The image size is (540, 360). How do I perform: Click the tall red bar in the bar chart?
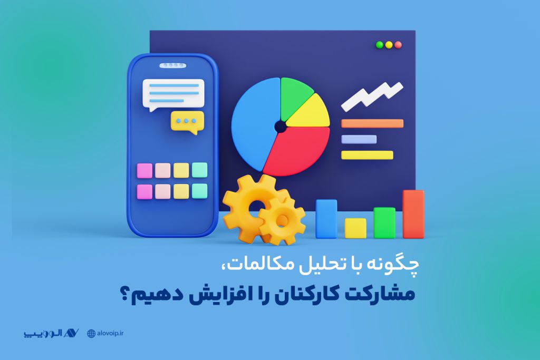click(413, 214)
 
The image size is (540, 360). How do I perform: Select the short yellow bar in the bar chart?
click(355, 228)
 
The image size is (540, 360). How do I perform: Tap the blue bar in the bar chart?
click(326, 219)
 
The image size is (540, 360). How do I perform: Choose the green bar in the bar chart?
click(384, 222)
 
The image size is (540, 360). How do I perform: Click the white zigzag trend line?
click(371, 97)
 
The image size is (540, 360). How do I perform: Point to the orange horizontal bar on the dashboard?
click(372, 123)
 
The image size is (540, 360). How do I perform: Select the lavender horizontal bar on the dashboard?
click(359, 139)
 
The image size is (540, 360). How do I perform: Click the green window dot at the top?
click(380, 45)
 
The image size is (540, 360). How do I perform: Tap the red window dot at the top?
click(398, 45)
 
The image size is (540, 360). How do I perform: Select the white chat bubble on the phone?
click(173, 94)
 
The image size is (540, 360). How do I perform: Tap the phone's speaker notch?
click(172, 65)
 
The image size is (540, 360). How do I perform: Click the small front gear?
click(282, 220)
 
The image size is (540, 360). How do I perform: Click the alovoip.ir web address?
click(110, 333)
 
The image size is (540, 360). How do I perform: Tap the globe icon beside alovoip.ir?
click(91, 334)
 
